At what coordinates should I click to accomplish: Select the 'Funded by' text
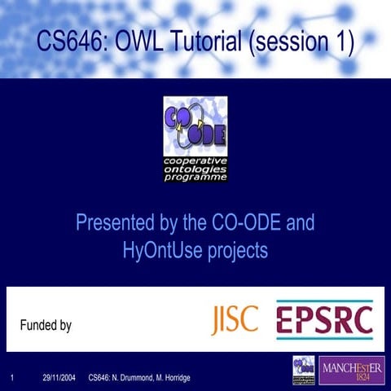pyautogui.click(x=45, y=326)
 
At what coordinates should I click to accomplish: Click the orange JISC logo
pyautogui.click(x=235, y=319)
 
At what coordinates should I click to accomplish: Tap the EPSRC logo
pyautogui.click(x=324, y=319)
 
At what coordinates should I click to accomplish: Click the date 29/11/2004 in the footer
pyautogui.click(x=59, y=377)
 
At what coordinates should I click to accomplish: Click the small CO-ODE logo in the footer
pyautogui.click(x=304, y=370)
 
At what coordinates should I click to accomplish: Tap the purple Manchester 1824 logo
pyautogui.click(x=352, y=370)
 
